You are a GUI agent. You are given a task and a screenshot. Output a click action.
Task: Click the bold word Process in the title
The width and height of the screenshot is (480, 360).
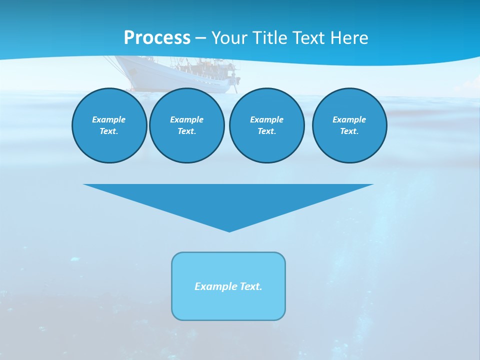pos(157,38)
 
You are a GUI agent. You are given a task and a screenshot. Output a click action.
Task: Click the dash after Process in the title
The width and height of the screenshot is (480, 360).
pos(201,38)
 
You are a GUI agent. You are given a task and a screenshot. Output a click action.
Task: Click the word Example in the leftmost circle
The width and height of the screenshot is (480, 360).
pos(109,119)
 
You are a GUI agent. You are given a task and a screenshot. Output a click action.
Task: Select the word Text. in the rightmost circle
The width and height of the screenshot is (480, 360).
pos(349,131)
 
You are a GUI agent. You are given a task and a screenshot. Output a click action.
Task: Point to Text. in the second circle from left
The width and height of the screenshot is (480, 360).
pos(186,131)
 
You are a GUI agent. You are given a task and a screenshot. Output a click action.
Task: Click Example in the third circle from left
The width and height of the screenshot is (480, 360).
pos(266,119)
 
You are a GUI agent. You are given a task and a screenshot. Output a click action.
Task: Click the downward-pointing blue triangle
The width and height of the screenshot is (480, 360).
pos(229,200)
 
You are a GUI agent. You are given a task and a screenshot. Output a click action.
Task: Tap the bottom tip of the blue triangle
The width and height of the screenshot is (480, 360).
pos(229,231)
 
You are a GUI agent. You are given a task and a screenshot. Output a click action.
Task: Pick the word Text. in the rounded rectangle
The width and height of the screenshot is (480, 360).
pos(251,286)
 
